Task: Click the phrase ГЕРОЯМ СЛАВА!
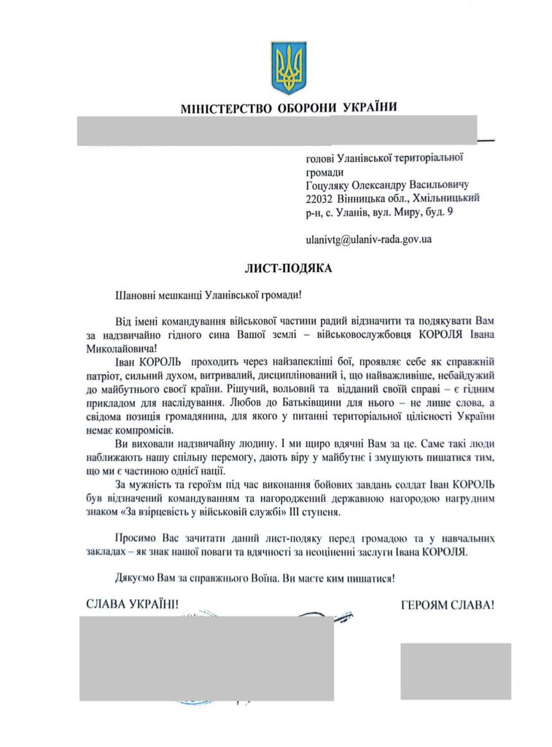(x=447, y=604)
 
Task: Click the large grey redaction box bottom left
(x=206, y=658)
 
